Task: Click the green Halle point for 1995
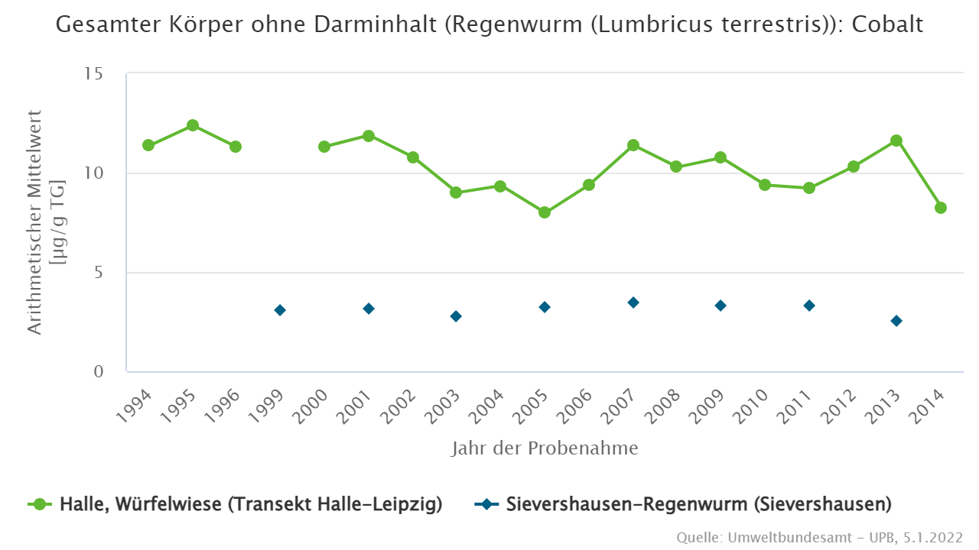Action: (x=193, y=125)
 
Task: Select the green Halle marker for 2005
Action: (x=545, y=212)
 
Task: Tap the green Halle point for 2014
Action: (x=941, y=208)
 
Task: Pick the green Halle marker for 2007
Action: (x=633, y=145)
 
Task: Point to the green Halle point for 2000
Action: (x=324, y=147)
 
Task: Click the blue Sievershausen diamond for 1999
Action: (x=280, y=310)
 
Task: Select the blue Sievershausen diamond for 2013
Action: (x=896, y=321)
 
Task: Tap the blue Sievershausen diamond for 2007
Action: (x=633, y=302)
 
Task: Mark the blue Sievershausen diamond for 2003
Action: (x=456, y=316)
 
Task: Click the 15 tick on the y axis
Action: (x=94, y=74)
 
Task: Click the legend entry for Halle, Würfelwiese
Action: (x=237, y=504)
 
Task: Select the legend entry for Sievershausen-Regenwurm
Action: (x=685, y=504)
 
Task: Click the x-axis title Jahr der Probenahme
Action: (x=545, y=448)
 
